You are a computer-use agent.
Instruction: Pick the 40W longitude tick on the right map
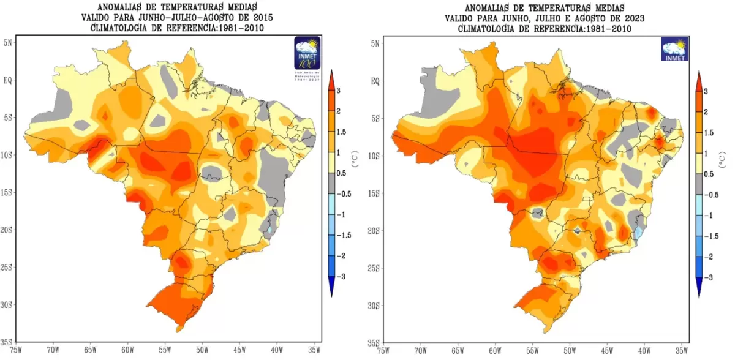coord(644,351)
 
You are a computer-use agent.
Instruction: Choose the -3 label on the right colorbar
coord(710,277)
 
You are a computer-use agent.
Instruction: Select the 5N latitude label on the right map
coord(375,43)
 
